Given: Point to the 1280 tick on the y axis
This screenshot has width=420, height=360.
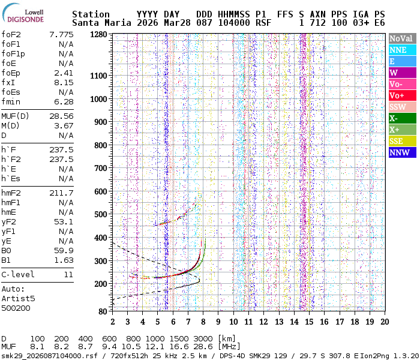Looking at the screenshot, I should click(98, 35).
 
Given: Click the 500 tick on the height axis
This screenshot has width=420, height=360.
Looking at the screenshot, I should click(101, 214).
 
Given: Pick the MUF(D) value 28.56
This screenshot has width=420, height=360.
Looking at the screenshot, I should click(61, 116).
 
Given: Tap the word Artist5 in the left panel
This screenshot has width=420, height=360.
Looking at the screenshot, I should click(18, 298).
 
